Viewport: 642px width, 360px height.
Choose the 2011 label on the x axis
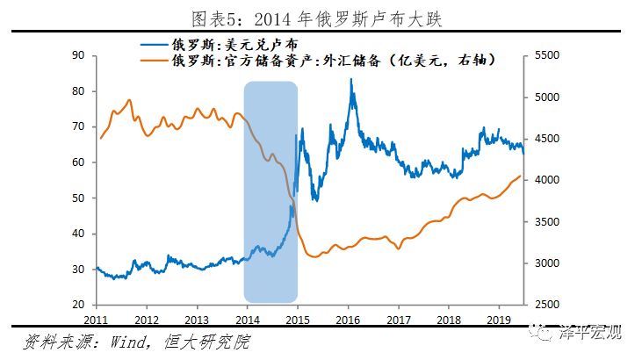click(97, 320)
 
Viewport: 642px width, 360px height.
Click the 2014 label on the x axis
click(248, 320)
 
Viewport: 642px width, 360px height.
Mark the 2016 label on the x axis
click(349, 320)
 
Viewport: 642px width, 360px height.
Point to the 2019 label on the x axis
click(500, 320)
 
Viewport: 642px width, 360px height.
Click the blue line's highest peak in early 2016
click(351, 80)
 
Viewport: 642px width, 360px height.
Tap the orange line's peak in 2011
click(129, 100)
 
